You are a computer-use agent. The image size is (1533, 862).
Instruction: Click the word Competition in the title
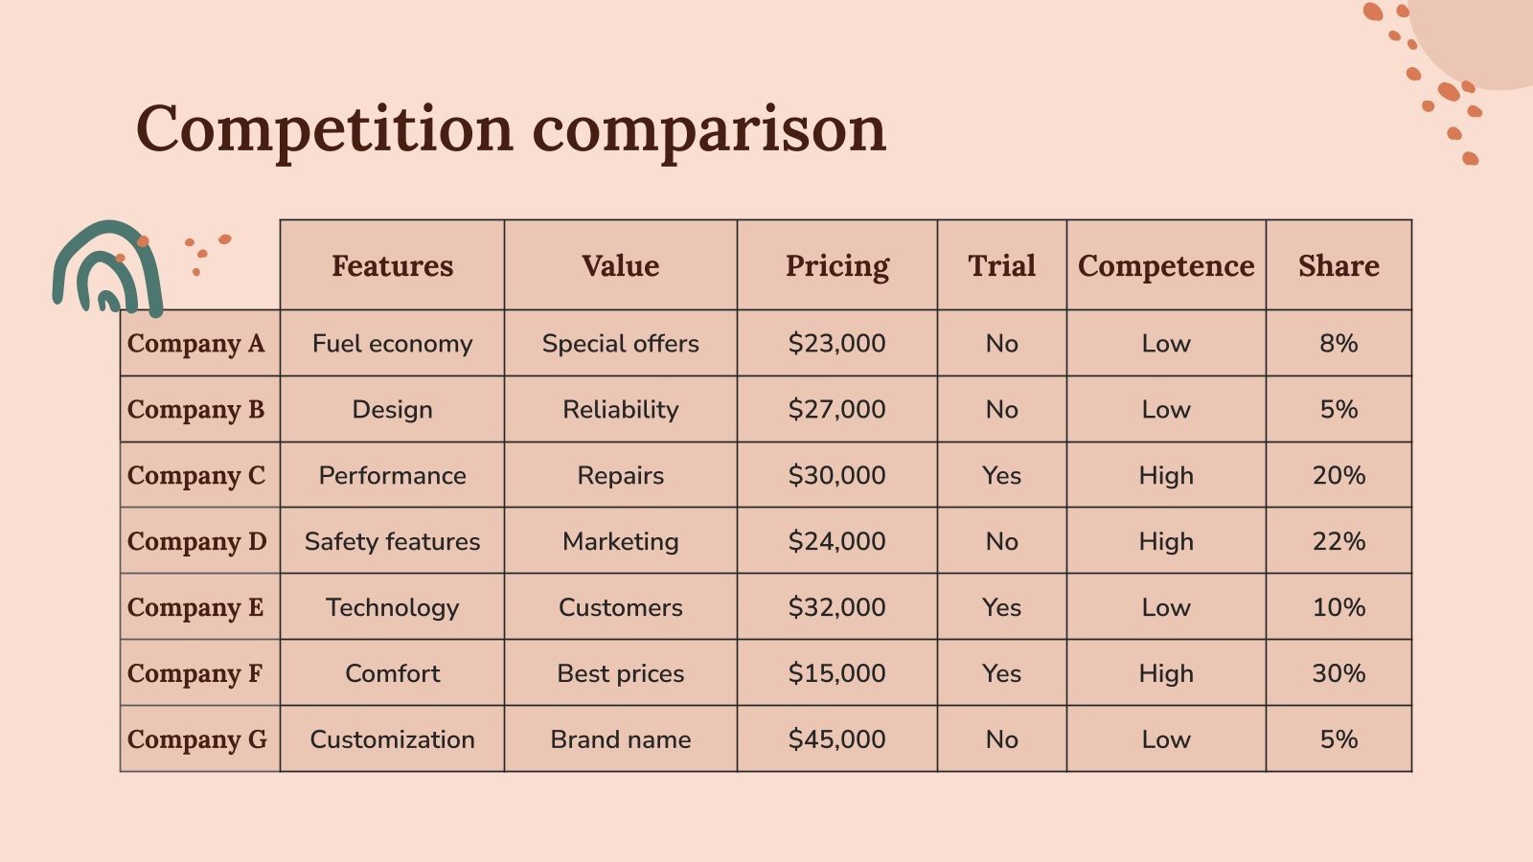(x=325, y=129)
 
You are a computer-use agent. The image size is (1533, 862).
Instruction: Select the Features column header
(x=392, y=265)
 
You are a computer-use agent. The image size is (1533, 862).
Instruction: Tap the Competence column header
(x=1165, y=265)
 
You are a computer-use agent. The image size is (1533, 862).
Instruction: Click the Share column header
(x=1339, y=265)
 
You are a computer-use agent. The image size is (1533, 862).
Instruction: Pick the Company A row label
(x=196, y=343)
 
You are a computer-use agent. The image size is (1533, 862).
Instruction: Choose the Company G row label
(x=197, y=739)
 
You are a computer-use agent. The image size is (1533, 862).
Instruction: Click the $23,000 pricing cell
(x=836, y=343)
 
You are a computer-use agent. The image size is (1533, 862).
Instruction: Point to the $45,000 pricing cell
(x=836, y=739)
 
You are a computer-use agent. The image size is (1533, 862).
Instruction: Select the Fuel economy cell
(x=392, y=343)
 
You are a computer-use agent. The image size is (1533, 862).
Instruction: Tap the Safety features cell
(x=392, y=541)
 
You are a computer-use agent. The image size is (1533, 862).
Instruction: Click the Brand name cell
(x=620, y=739)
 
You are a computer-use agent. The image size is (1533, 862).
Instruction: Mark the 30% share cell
(x=1339, y=673)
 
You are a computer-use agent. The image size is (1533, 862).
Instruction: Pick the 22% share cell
(x=1339, y=541)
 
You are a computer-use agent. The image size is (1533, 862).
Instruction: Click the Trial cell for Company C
(x=1001, y=475)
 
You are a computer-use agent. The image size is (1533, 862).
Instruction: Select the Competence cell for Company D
(x=1165, y=541)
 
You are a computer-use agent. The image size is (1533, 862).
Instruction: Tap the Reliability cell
(x=620, y=409)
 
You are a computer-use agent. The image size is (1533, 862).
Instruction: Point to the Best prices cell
(x=620, y=673)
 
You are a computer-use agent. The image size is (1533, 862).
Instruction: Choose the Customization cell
(x=392, y=739)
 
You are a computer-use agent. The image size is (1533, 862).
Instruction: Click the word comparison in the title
(x=709, y=129)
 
